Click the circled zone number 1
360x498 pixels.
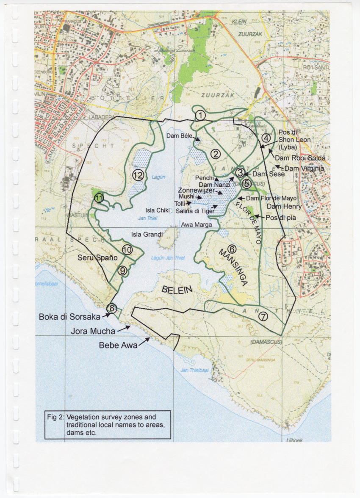201,114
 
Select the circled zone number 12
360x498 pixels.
137,175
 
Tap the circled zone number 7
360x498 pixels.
263,316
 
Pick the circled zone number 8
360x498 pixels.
111,308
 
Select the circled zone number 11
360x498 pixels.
99,197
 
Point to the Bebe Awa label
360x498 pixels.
118,346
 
